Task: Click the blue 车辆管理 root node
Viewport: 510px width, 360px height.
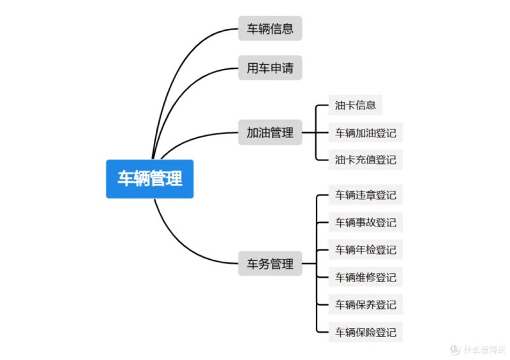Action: (149, 179)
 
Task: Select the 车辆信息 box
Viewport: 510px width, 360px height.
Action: (270, 28)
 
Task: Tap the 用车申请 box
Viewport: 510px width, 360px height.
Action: (270, 68)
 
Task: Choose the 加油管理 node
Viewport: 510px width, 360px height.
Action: (270, 132)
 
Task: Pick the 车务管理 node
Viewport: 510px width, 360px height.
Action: (270, 264)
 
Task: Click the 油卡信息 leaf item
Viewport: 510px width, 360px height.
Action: (355, 105)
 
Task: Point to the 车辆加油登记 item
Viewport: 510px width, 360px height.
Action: (366, 133)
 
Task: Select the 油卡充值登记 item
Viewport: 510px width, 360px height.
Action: (366, 160)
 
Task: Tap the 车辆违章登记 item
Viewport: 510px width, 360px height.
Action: (366, 195)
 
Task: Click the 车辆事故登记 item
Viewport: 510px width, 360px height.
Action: (366, 222)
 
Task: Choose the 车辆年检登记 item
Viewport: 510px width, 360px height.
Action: (366, 250)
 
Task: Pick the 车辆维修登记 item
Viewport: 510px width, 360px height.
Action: (366, 277)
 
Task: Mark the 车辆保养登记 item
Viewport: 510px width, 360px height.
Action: (366, 304)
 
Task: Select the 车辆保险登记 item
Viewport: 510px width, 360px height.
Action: (366, 332)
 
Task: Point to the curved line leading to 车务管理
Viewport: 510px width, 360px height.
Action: (182, 246)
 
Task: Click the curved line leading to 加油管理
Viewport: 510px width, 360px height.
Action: (195, 139)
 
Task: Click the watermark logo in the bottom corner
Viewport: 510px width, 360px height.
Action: (455, 349)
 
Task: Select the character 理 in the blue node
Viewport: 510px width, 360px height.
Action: (174, 179)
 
